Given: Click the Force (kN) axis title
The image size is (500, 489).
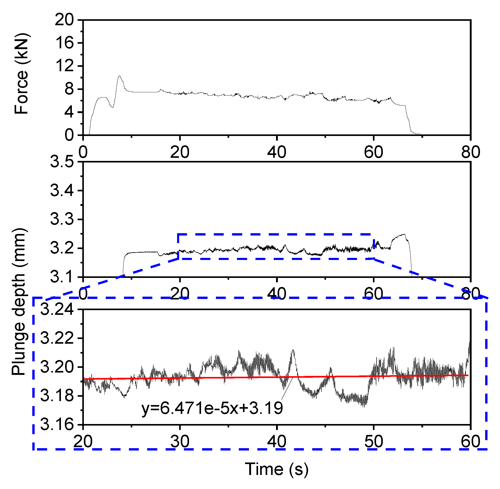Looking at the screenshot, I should point(21,74).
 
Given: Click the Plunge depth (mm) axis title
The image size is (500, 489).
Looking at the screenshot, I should point(19,302).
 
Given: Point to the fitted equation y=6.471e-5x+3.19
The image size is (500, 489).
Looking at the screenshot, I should point(212,408).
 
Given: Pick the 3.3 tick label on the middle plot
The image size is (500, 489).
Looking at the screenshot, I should point(62,219).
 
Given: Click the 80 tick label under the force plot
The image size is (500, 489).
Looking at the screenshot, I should point(471,152).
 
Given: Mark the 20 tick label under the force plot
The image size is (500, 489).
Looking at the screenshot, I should point(180,152).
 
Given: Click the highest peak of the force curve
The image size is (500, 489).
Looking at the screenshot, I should point(120,76).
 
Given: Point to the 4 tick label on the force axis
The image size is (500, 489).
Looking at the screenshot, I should point(69,112).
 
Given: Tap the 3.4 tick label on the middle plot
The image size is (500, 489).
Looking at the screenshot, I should point(62,191).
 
